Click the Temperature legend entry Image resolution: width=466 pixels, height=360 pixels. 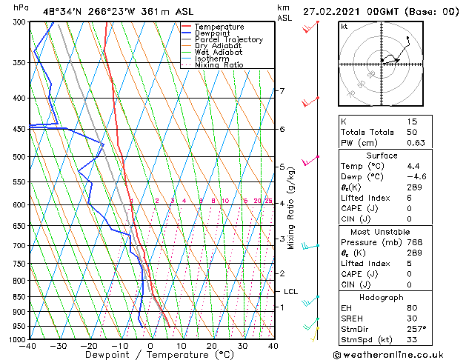pos(219,27)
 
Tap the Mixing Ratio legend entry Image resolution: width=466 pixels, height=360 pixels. pos(219,65)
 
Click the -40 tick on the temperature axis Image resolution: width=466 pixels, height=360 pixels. pos(28,345)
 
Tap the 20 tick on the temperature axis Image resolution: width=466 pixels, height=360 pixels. pos(212,345)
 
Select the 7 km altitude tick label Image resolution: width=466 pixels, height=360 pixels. pos(282,91)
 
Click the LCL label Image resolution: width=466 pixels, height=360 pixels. pos(290,292)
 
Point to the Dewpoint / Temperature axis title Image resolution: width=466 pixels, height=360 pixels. pos(150,355)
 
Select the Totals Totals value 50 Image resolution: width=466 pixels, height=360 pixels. pos(412,132)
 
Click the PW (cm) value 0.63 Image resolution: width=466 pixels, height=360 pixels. pos(412,143)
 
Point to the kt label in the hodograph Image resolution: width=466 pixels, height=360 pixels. pos(344,26)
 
